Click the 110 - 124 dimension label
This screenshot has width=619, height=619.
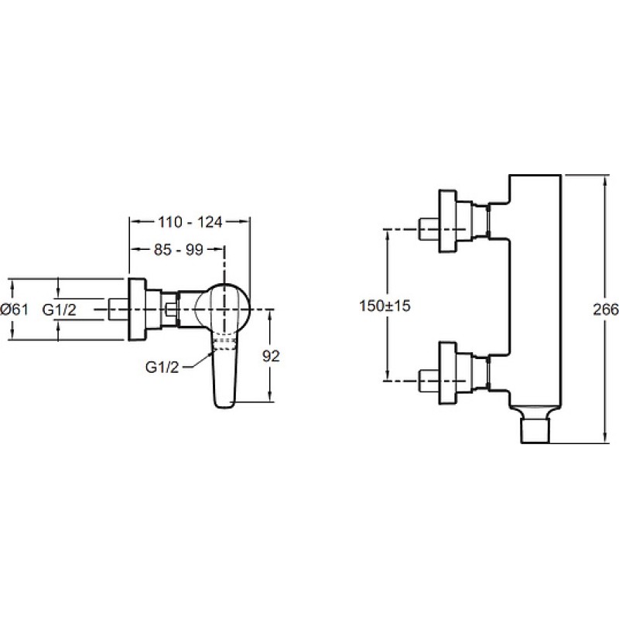click(x=190, y=222)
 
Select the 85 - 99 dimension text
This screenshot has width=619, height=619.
click(x=179, y=249)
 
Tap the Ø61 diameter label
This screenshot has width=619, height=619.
click(x=14, y=309)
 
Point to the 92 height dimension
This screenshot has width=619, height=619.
click(x=271, y=356)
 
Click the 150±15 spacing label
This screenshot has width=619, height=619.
click(x=385, y=305)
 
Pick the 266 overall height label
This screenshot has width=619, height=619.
click(x=606, y=309)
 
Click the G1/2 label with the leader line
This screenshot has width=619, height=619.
click(x=162, y=368)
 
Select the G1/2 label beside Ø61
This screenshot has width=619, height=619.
click(x=60, y=310)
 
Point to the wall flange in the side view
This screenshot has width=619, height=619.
click(x=137, y=309)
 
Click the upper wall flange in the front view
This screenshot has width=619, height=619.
click(x=448, y=221)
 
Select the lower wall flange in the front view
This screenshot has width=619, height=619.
click(x=448, y=374)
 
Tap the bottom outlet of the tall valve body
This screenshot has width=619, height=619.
click(x=535, y=431)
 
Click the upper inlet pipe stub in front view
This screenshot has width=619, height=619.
click(x=429, y=229)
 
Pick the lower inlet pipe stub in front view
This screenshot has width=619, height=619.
click(x=429, y=381)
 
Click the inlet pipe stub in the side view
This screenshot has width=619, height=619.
click(x=118, y=309)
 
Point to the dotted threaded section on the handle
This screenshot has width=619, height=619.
click(x=224, y=344)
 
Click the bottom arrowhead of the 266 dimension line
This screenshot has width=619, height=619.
click(x=605, y=437)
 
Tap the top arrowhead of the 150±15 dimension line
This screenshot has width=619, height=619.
click(x=388, y=235)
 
